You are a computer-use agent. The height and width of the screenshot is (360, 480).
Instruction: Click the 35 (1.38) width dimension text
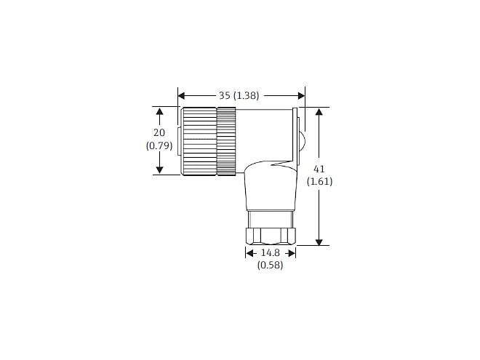(239, 96)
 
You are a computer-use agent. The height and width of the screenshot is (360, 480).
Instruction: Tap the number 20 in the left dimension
(159, 132)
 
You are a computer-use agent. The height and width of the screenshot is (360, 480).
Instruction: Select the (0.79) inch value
(159, 145)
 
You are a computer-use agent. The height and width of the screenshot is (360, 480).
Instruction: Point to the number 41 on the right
(319, 169)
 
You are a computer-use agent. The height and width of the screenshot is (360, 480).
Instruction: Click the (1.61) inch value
(319, 182)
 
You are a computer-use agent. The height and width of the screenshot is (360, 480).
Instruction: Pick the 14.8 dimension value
(270, 253)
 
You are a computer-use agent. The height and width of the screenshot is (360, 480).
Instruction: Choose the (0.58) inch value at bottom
(270, 265)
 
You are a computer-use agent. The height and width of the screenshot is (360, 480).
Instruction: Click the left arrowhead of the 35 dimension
(182, 96)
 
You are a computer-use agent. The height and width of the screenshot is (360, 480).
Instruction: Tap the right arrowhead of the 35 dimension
(301, 96)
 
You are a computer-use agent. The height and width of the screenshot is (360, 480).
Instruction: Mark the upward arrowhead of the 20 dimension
(159, 111)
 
